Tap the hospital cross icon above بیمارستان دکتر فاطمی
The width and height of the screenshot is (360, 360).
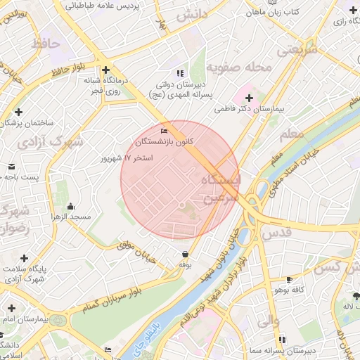pos(249,96)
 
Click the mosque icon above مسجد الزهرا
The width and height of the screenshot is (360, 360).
pos(70,206)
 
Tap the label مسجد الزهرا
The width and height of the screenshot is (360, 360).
pos(70,217)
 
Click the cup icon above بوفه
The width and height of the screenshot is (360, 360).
pos(185,254)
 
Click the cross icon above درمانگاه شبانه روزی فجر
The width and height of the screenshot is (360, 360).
pos(106,70)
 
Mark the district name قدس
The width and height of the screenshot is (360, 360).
pos(276,232)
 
